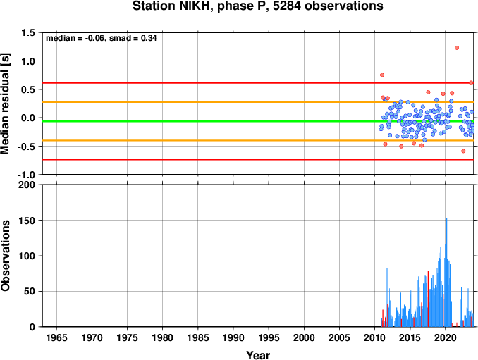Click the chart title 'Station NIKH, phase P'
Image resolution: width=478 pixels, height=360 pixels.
click(x=201, y=6)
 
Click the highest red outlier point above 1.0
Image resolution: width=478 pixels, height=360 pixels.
click(x=457, y=48)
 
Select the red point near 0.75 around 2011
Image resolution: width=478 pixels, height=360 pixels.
click(x=382, y=75)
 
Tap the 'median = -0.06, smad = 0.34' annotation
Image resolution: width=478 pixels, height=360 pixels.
click(x=102, y=38)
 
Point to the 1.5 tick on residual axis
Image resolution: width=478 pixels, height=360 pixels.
click(x=27, y=32)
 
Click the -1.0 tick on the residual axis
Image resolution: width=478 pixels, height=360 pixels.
click(x=26, y=175)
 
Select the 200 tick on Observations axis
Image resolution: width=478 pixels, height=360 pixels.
click(x=27, y=185)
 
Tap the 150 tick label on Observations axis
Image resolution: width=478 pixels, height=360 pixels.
click(x=27, y=221)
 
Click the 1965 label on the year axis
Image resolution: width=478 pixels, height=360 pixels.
click(x=56, y=337)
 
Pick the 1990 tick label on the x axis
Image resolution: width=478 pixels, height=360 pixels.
click(x=233, y=337)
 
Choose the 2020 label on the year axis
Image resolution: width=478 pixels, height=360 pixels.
click(x=446, y=337)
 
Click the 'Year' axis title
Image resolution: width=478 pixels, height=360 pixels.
click(x=258, y=355)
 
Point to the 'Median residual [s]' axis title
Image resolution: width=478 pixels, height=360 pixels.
click(x=5, y=104)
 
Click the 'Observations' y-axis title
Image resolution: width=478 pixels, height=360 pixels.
click(x=5, y=256)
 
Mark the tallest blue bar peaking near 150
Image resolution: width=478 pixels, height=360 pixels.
click(x=446, y=272)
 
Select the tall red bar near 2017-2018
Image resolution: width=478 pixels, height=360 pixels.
click(x=428, y=299)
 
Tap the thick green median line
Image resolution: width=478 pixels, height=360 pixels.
click(x=258, y=121)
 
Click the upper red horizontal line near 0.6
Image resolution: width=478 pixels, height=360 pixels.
click(x=258, y=83)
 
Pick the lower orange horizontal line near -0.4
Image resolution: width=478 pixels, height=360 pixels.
click(x=258, y=140)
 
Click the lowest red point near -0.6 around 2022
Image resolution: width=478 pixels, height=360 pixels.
click(x=463, y=151)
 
